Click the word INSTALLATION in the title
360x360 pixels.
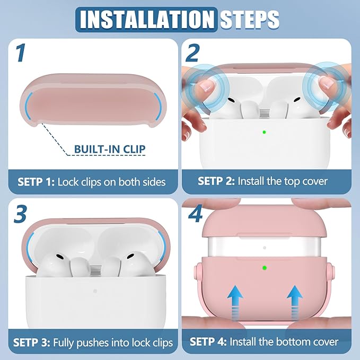pos(146,20)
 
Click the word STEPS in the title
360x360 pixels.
pos(250,20)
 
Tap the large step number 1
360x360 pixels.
pos(21,54)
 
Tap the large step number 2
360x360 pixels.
pos(192,53)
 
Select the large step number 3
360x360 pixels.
pos(21,214)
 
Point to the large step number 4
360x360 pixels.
pos(196,214)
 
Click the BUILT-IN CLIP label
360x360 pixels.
pos(110,149)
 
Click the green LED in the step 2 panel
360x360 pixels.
pos(264,132)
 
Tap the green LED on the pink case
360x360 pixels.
pos(265,268)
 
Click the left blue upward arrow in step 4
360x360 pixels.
pos(235,302)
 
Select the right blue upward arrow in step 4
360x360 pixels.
pos(295,302)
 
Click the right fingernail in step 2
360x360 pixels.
pos(327,82)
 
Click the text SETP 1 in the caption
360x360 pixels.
pos(36,182)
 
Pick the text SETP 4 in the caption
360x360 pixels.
pos(208,341)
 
